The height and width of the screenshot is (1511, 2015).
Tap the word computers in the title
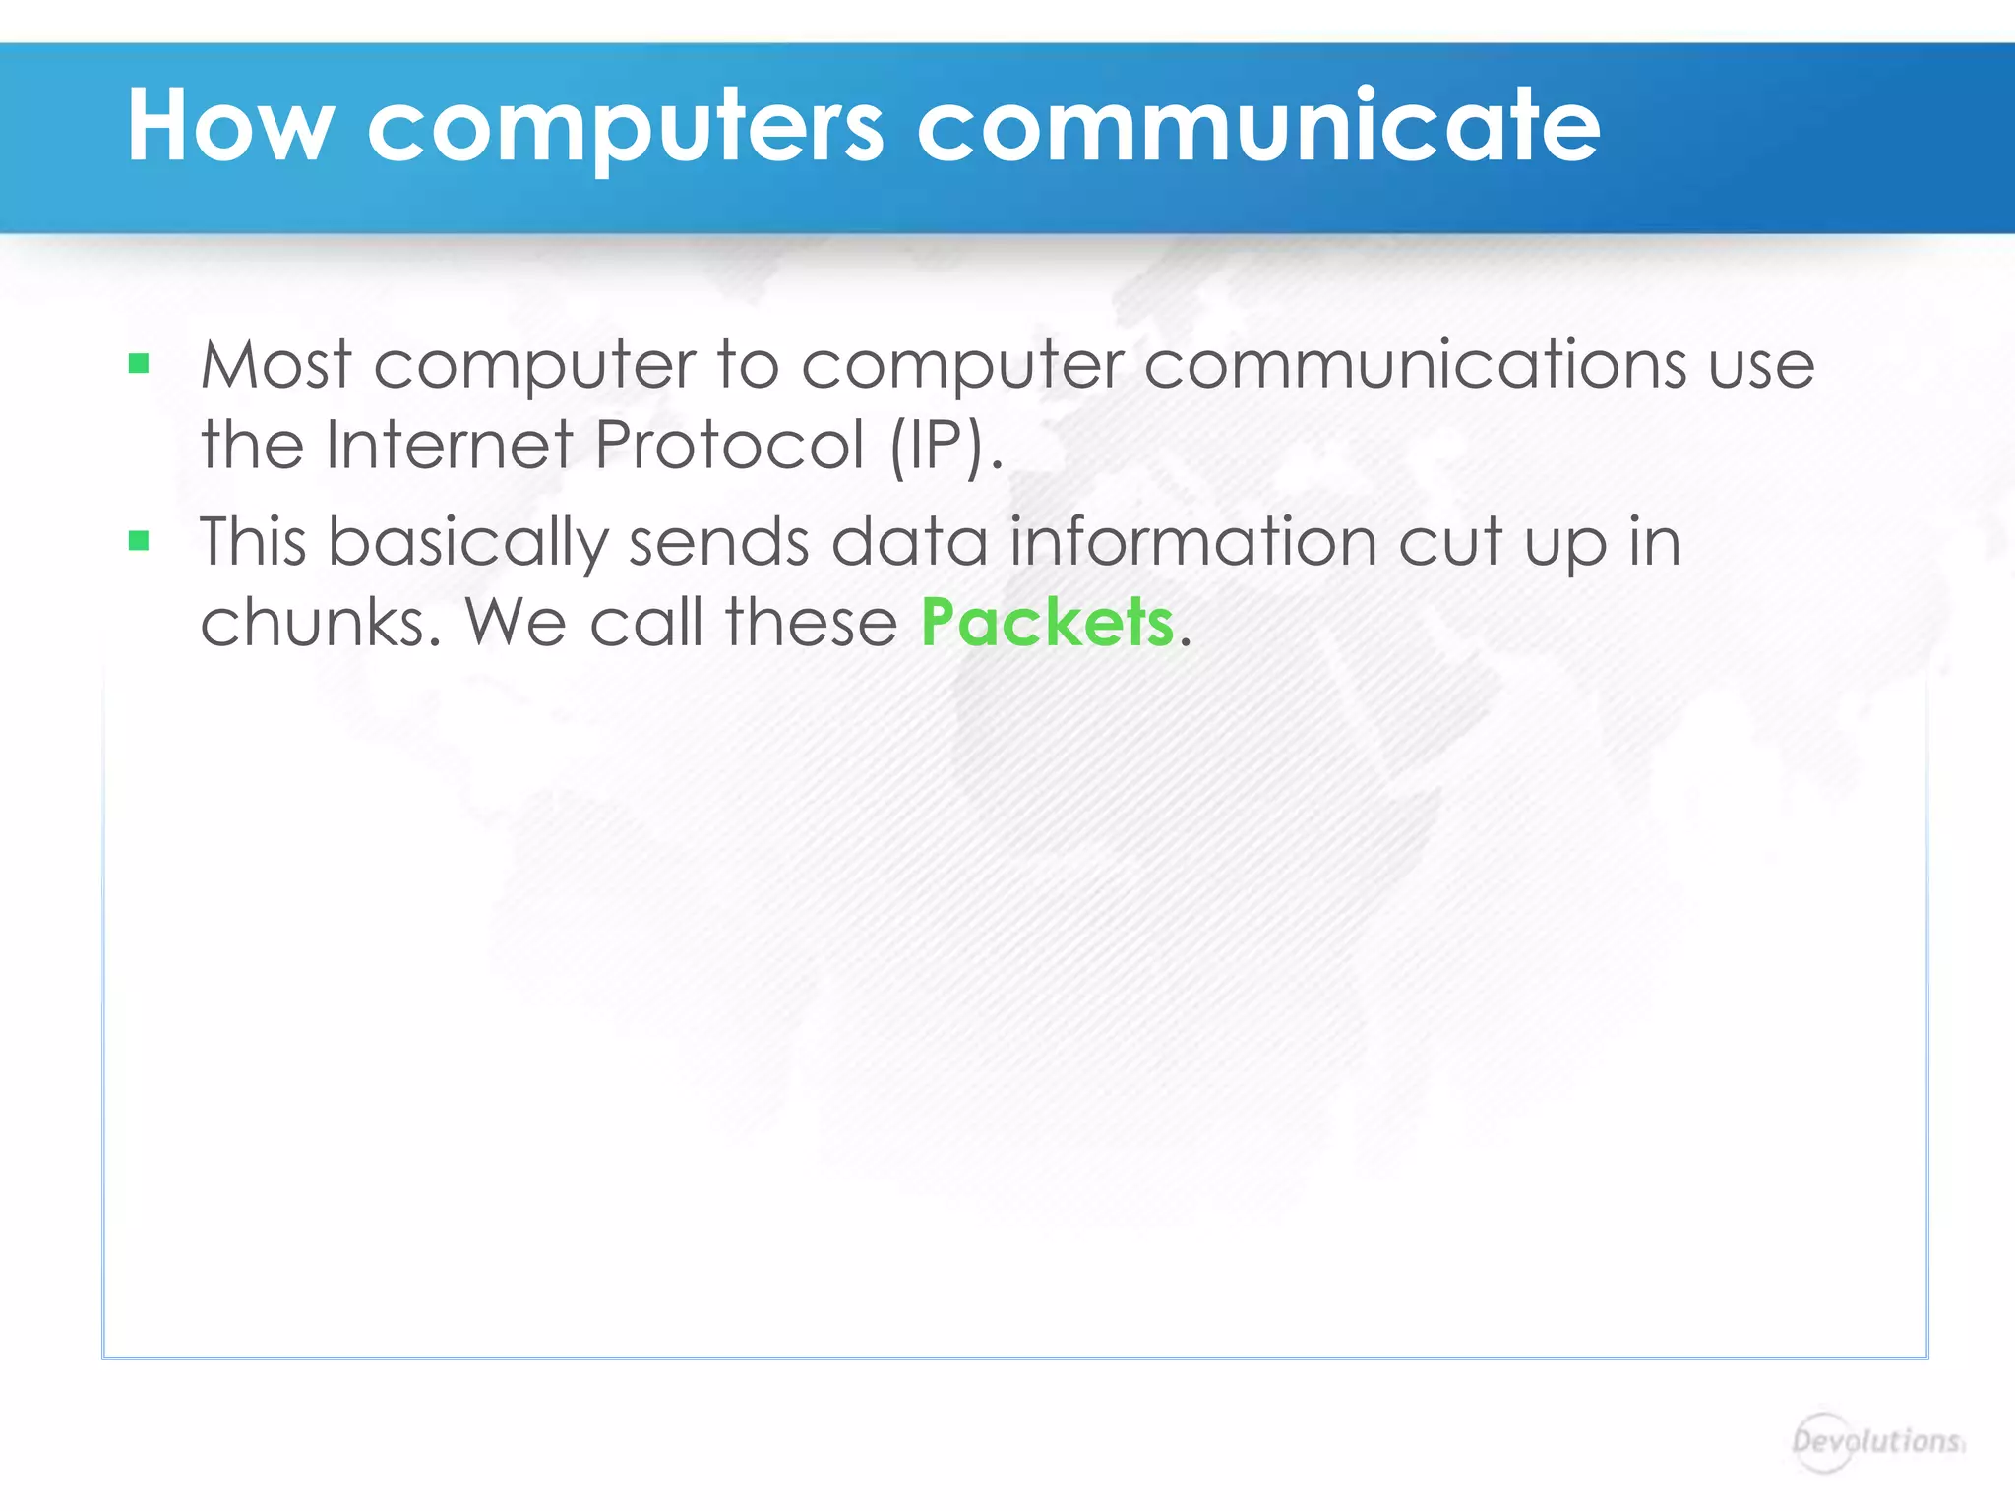(x=626, y=128)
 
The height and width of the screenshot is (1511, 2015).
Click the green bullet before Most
(x=139, y=365)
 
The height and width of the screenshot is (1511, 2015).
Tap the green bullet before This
(x=139, y=541)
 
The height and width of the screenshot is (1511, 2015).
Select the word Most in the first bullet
(x=275, y=365)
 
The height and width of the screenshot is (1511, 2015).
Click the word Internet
(x=450, y=445)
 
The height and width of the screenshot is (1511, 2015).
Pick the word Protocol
(x=729, y=445)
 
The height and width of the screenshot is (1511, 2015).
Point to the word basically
(x=468, y=544)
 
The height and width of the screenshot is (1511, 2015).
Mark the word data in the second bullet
(x=910, y=542)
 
